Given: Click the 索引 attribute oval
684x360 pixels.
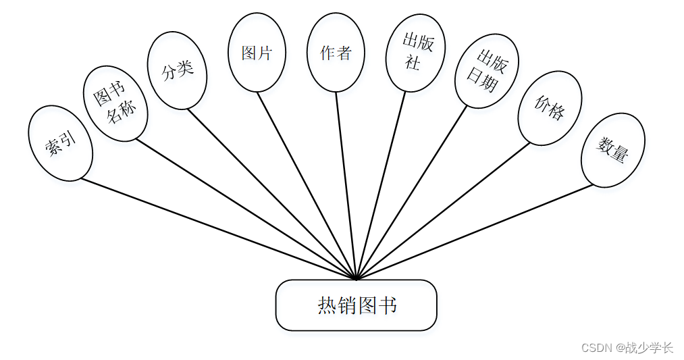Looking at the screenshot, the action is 60,143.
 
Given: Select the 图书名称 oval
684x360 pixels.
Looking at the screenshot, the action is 115,104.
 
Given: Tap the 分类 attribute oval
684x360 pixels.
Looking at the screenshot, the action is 177,70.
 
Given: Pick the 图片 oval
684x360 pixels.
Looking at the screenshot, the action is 257,53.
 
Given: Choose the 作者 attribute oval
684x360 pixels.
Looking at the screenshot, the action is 336,53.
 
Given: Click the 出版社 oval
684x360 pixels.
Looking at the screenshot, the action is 416,53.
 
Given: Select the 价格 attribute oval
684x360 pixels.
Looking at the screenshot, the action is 549,108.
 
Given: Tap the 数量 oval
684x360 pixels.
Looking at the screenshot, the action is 612,150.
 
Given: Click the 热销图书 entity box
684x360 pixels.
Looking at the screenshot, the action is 357,305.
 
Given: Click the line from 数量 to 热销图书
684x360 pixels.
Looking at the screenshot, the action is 473,232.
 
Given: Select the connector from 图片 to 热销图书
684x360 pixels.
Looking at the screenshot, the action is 307,185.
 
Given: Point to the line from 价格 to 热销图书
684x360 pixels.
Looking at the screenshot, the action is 442,211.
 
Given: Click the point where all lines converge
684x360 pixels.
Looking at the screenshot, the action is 356,278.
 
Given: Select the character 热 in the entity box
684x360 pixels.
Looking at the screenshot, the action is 327,306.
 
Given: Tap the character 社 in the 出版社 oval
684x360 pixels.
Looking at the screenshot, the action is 413,63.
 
